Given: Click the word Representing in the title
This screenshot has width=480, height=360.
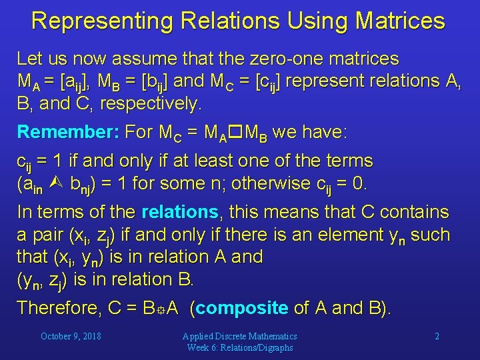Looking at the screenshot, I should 93,21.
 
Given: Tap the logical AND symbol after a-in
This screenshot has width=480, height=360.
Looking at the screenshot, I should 55,183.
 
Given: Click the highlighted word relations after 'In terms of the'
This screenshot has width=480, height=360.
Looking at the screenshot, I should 181,213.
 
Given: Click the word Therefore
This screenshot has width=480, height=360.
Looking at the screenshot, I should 58,307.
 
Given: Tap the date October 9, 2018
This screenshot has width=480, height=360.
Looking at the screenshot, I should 71,337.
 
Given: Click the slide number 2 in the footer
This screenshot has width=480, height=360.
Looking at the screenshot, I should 437,337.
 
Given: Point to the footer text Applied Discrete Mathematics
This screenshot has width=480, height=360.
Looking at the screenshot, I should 239,337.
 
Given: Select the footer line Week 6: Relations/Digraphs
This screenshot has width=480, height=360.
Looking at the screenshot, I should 239,347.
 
